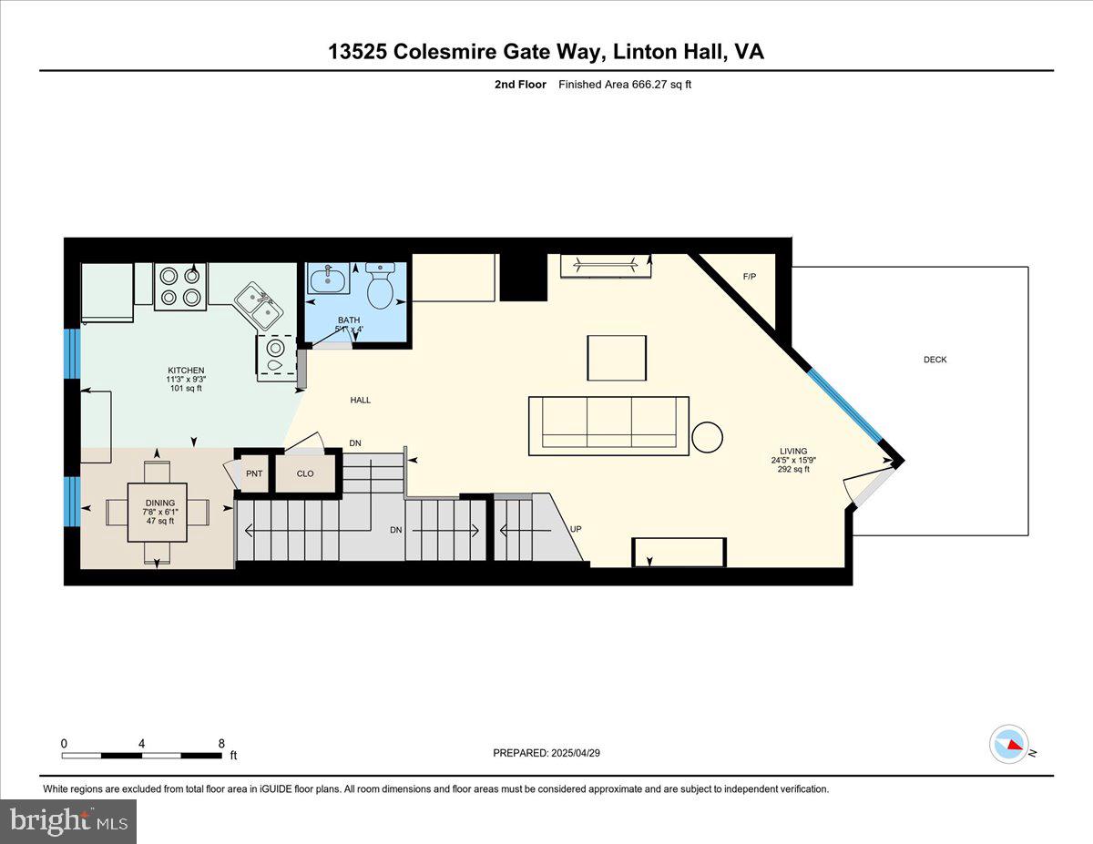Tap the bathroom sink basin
pyautogui.click(x=328, y=279)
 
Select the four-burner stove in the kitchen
pyautogui.click(x=180, y=287)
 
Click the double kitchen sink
pyautogui.click(x=260, y=306)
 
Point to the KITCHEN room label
pyautogui.click(x=186, y=371)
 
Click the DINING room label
pyautogui.click(x=160, y=503)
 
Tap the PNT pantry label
pyautogui.click(x=254, y=473)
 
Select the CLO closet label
pyautogui.click(x=305, y=473)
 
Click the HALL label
pyautogui.click(x=360, y=400)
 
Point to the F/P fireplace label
pyautogui.click(x=750, y=277)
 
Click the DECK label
pyautogui.click(x=935, y=360)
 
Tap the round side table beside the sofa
pyautogui.click(x=707, y=437)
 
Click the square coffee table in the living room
pyautogui.click(x=617, y=358)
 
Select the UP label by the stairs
pyautogui.click(x=576, y=529)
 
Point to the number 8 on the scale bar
pyautogui.click(x=221, y=743)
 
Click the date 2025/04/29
pyautogui.click(x=576, y=753)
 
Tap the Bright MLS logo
pyautogui.click(x=68, y=821)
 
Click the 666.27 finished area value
pyautogui.click(x=649, y=85)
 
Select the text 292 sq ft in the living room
pyautogui.click(x=793, y=470)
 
